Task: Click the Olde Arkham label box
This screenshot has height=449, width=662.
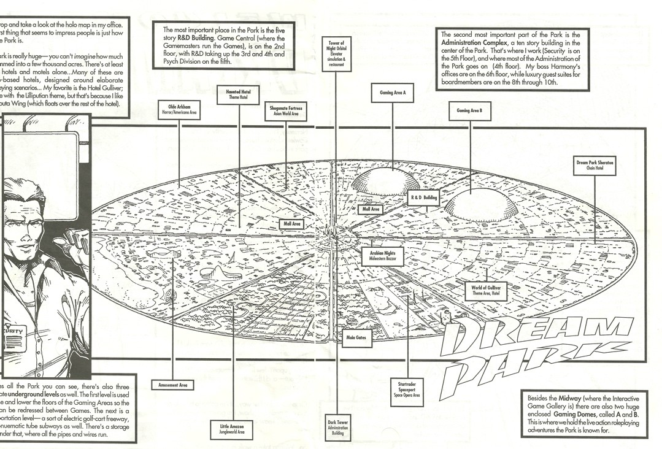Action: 179,110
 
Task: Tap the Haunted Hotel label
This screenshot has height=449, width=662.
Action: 238,95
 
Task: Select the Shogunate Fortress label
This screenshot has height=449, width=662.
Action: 285,112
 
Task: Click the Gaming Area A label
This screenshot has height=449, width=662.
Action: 392,93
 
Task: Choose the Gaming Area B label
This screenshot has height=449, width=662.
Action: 469,110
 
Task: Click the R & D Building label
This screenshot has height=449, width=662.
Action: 425,198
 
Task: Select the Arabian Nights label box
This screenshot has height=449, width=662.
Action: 382,256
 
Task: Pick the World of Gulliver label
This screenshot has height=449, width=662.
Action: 487,291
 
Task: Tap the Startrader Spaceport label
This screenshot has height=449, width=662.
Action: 407,388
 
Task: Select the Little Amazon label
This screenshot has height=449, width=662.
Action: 232,428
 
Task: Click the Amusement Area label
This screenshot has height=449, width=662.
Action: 172,385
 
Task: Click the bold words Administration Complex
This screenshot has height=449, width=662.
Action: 473,43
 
